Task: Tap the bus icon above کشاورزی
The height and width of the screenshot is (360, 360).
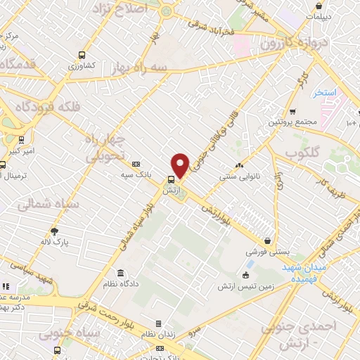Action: coord(82,54)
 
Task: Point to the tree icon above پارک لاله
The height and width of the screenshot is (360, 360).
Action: coord(55,231)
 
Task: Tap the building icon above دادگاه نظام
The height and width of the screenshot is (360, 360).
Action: coord(121,273)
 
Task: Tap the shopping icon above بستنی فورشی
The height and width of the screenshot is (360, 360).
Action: coord(266,240)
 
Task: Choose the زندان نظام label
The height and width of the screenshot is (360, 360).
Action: coord(160,334)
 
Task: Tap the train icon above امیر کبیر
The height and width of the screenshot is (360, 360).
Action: coord(22,139)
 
